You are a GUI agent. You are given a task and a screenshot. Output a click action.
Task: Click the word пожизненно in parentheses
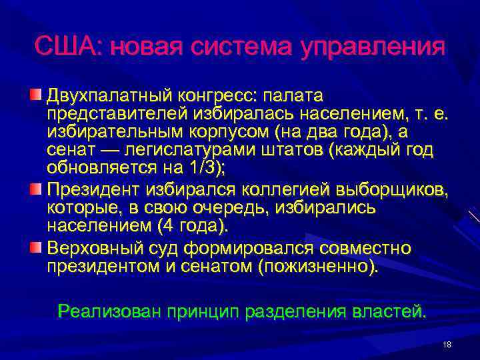pyautogui.click(x=324, y=267)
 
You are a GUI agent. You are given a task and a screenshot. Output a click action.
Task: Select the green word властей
pyautogui.click(x=390, y=311)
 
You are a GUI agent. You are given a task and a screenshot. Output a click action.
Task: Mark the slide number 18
pyautogui.click(x=447, y=344)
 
